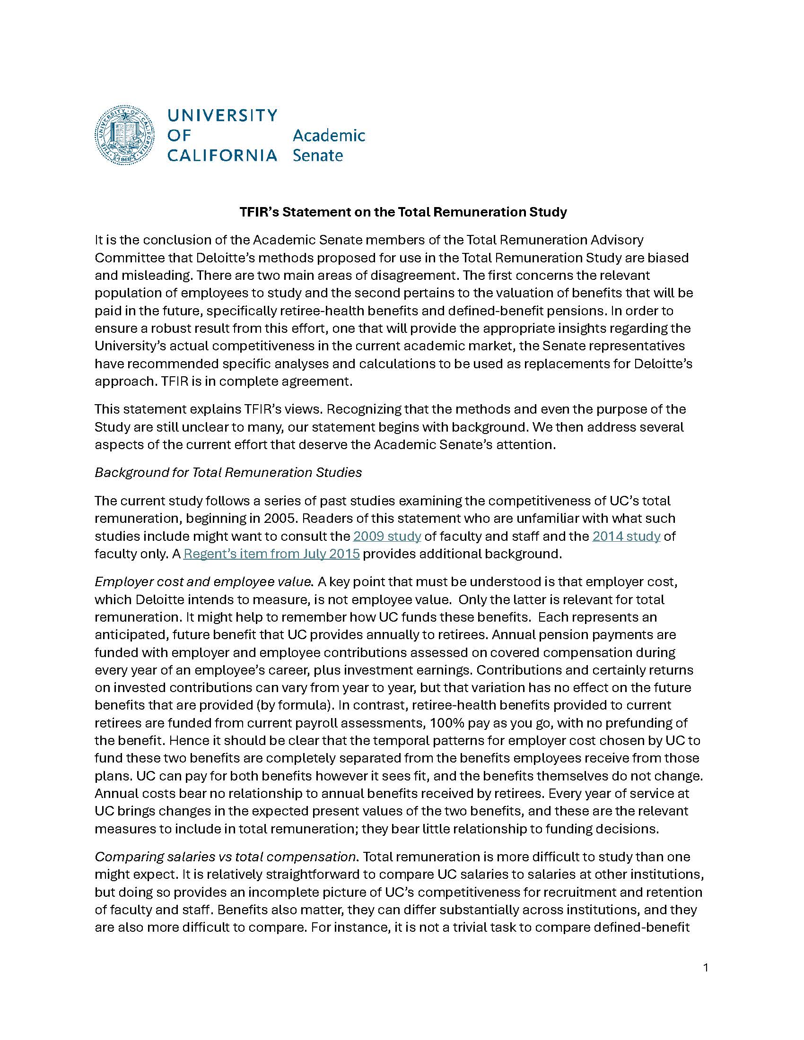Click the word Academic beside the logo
click(x=329, y=136)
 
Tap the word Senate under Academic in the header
click(x=318, y=156)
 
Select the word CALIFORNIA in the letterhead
click(x=222, y=155)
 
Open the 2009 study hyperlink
click(x=387, y=536)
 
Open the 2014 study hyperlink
click(x=626, y=536)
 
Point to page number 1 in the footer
click(x=706, y=968)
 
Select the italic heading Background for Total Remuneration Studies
click(x=228, y=472)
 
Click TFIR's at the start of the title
click(x=259, y=212)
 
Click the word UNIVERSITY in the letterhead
click(x=222, y=115)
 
